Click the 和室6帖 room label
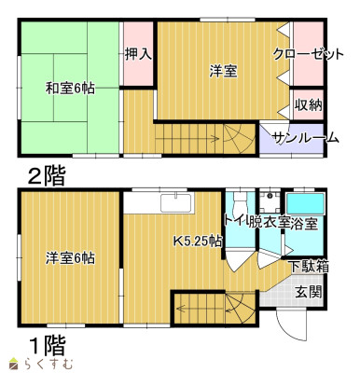(69, 88)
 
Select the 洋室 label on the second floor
(222, 70)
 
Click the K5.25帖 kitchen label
(198, 241)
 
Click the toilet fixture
(238, 207)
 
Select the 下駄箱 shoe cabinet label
(308, 265)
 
